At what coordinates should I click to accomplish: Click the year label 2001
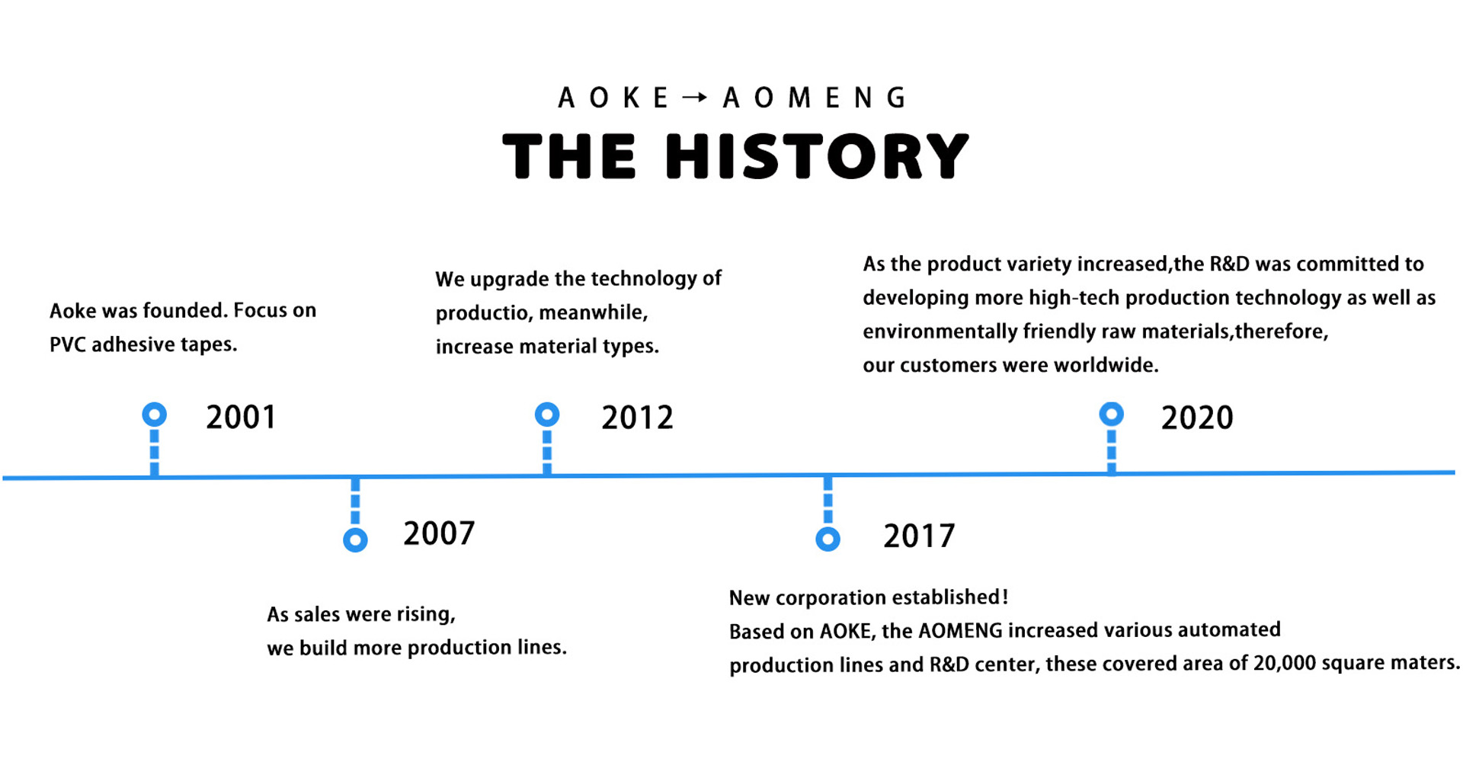[x=241, y=417]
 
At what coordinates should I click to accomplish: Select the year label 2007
[x=439, y=533]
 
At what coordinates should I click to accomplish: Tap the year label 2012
[x=637, y=418]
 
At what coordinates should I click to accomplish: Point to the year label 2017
[x=919, y=536]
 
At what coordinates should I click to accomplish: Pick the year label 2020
[x=1197, y=418]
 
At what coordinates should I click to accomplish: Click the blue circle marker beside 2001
[x=155, y=415]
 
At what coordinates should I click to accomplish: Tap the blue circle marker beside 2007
[x=355, y=539]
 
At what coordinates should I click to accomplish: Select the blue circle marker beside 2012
[x=547, y=415]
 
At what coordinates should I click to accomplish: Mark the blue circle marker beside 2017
[x=828, y=539]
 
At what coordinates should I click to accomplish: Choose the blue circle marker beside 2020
[x=1112, y=414]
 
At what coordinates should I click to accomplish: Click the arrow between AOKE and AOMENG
[x=695, y=98]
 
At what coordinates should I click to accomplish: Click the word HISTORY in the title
[x=817, y=156]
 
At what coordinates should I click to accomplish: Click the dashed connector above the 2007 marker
[x=355, y=502]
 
